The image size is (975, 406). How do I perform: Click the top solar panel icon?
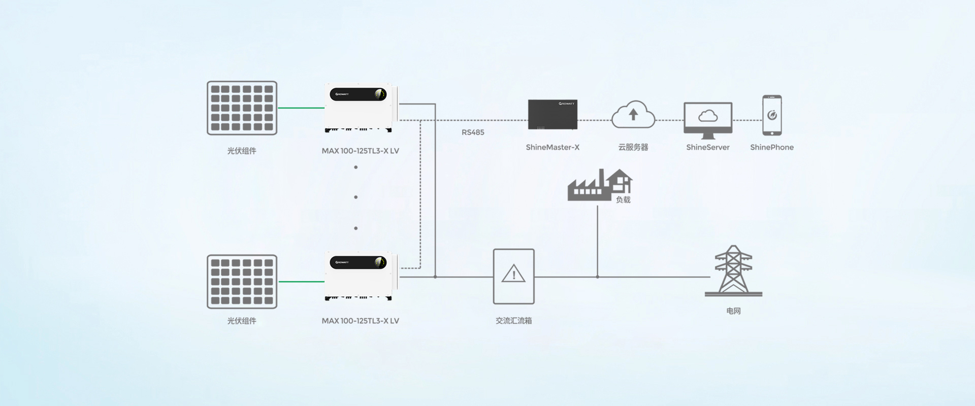(242, 108)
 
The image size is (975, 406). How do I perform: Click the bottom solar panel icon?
(242, 282)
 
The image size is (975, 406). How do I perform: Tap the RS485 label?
(473, 132)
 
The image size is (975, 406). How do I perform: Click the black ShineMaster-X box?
(552, 115)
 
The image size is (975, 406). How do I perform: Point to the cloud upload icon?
(633, 115)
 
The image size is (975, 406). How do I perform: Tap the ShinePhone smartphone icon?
(772, 115)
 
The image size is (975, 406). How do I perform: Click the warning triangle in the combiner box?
(513, 274)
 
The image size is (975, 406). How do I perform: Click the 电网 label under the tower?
(733, 311)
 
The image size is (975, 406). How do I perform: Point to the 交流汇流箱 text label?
(513, 321)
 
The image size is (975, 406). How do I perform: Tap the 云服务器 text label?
(633, 147)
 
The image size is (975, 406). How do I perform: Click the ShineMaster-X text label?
(552, 147)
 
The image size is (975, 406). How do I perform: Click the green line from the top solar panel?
(301, 108)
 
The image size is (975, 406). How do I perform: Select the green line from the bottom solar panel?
(301, 282)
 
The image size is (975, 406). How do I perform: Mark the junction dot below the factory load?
(598, 277)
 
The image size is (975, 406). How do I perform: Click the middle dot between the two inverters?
(356, 197)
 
